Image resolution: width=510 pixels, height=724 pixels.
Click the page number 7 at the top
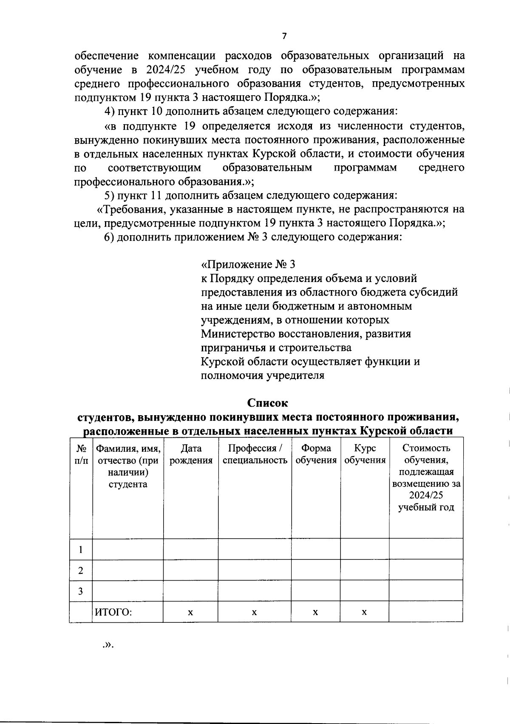(x=284, y=36)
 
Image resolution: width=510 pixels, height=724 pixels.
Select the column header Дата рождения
(x=191, y=454)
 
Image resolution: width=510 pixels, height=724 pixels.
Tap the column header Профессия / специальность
(x=255, y=454)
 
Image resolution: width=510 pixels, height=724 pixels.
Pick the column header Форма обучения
(x=316, y=454)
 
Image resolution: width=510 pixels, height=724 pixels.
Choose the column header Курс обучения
(x=365, y=454)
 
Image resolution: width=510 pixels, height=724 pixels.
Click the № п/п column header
(x=81, y=454)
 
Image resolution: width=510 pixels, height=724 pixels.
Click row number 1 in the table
(x=81, y=550)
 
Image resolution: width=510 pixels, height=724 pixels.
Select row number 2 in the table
(x=81, y=570)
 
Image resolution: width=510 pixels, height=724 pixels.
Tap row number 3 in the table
(x=81, y=591)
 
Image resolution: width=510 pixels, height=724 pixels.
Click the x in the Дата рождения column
(x=190, y=613)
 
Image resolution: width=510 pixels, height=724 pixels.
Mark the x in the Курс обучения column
(x=364, y=613)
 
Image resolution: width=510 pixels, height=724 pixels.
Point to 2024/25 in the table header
(x=426, y=496)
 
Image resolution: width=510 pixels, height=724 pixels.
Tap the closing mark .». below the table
(x=108, y=645)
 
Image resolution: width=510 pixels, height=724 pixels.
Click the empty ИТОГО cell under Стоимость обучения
(x=426, y=612)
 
